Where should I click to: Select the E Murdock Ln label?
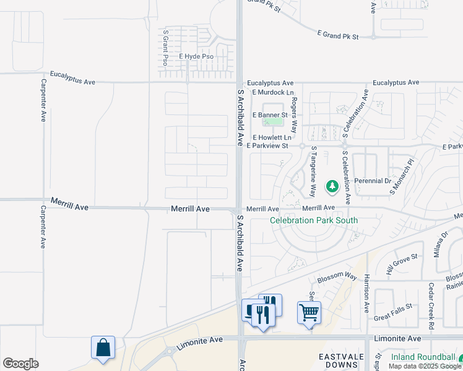click(x=272, y=92)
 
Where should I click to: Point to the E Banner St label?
click(x=270, y=115)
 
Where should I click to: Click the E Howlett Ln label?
click(x=272, y=137)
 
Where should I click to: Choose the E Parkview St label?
click(x=267, y=146)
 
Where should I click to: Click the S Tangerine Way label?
click(x=314, y=171)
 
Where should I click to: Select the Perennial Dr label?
click(x=373, y=182)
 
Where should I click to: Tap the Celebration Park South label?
click(x=314, y=220)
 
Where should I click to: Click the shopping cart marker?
click(x=309, y=312)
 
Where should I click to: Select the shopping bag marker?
click(x=103, y=348)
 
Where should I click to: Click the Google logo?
click(x=20, y=364)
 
